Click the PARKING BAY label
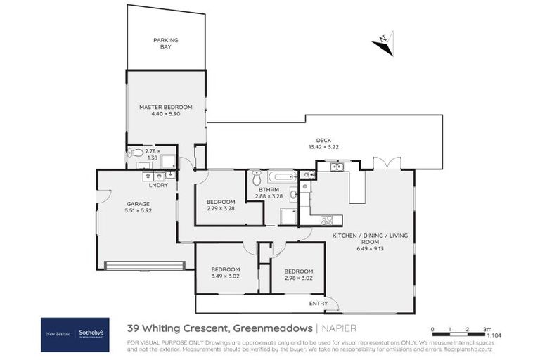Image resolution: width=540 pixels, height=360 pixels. pyautogui.click(x=166, y=44)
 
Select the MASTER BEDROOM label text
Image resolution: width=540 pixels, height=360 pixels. pyautogui.click(x=166, y=107)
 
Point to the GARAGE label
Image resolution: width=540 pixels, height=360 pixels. pyautogui.click(x=118, y=203)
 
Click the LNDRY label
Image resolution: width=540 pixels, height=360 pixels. pyautogui.click(x=158, y=185)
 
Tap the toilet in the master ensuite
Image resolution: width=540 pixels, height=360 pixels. pyautogui.click(x=136, y=153)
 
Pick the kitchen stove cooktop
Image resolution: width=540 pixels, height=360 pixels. pyautogui.click(x=327, y=220)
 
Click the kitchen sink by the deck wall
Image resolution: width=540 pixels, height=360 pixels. pyautogui.click(x=337, y=167)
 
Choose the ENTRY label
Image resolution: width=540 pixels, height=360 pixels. pyautogui.click(x=318, y=304)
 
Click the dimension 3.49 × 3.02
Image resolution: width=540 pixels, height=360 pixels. pyautogui.click(x=226, y=277)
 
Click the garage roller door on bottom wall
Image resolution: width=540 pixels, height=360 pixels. pyautogui.click(x=144, y=265)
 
